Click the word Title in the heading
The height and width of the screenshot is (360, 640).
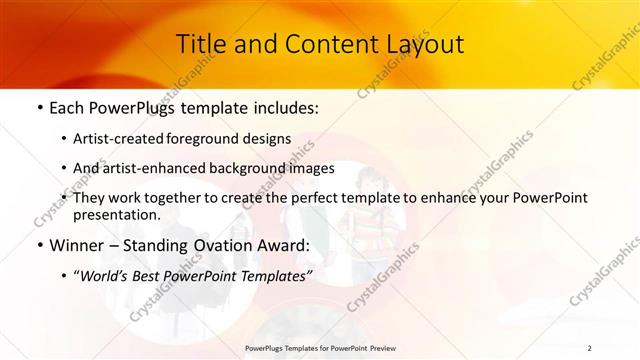click(199, 44)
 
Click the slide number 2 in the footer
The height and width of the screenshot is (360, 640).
click(589, 348)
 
